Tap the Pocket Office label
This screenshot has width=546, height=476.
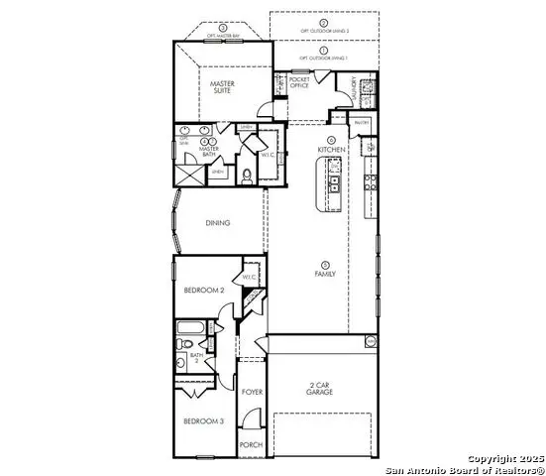pyautogui.click(x=300, y=81)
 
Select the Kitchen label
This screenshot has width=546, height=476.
pyautogui.click(x=331, y=150)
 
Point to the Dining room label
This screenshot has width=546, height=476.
pyautogui.click(x=217, y=223)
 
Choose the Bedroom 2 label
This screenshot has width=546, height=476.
pyautogui.click(x=202, y=290)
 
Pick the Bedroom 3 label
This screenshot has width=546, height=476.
pyautogui.click(x=202, y=421)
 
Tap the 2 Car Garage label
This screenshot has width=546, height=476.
pyautogui.click(x=319, y=388)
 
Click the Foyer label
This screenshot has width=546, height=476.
pyautogui.click(x=252, y=394)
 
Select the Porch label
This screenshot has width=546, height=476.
pyautogui.click(x=252, y=445)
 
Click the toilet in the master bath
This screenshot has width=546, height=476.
pyautogui.click(x=247, y=177)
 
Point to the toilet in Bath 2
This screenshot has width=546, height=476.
pyautogui.click(x=182, y=345)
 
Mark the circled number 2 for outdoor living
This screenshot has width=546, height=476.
pyautogui.click(x=323, y=22)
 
